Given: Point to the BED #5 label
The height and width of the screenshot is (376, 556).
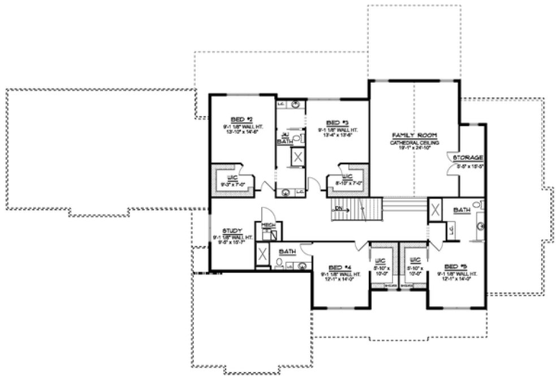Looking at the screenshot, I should click(x=455, y=266).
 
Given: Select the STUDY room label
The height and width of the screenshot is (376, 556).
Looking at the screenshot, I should click(x=232, y=231).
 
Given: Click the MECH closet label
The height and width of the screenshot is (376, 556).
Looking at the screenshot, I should click(x=268, y=225).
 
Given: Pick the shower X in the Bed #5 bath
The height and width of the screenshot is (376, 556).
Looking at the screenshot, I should click(x=435, y=209).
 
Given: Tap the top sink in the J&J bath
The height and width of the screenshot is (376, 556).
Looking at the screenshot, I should click(x=295, y=104).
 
